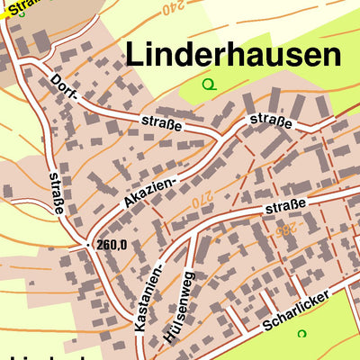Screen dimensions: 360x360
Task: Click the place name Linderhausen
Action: pyautogui.click(x=234, y=55)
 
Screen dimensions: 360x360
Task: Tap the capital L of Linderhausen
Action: pyautogui.click(x=133, y=55)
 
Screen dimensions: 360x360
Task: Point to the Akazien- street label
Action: pyautogui.click(x=149, y=190)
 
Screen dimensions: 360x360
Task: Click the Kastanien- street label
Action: pyautogui.click(x=149, y=296)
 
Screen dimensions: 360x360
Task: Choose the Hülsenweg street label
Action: pyautogui.click(x=178, y=306)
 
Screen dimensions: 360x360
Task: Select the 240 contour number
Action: pyautogui.click(x=167, y=9)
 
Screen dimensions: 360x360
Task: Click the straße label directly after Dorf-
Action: pyautogui.click(x=162, y=122)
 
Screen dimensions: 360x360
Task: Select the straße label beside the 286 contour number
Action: pyautogui.click(x=286, y=207)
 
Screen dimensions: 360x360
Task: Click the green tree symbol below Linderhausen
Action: pyautogui.click(x=210, y=85)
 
